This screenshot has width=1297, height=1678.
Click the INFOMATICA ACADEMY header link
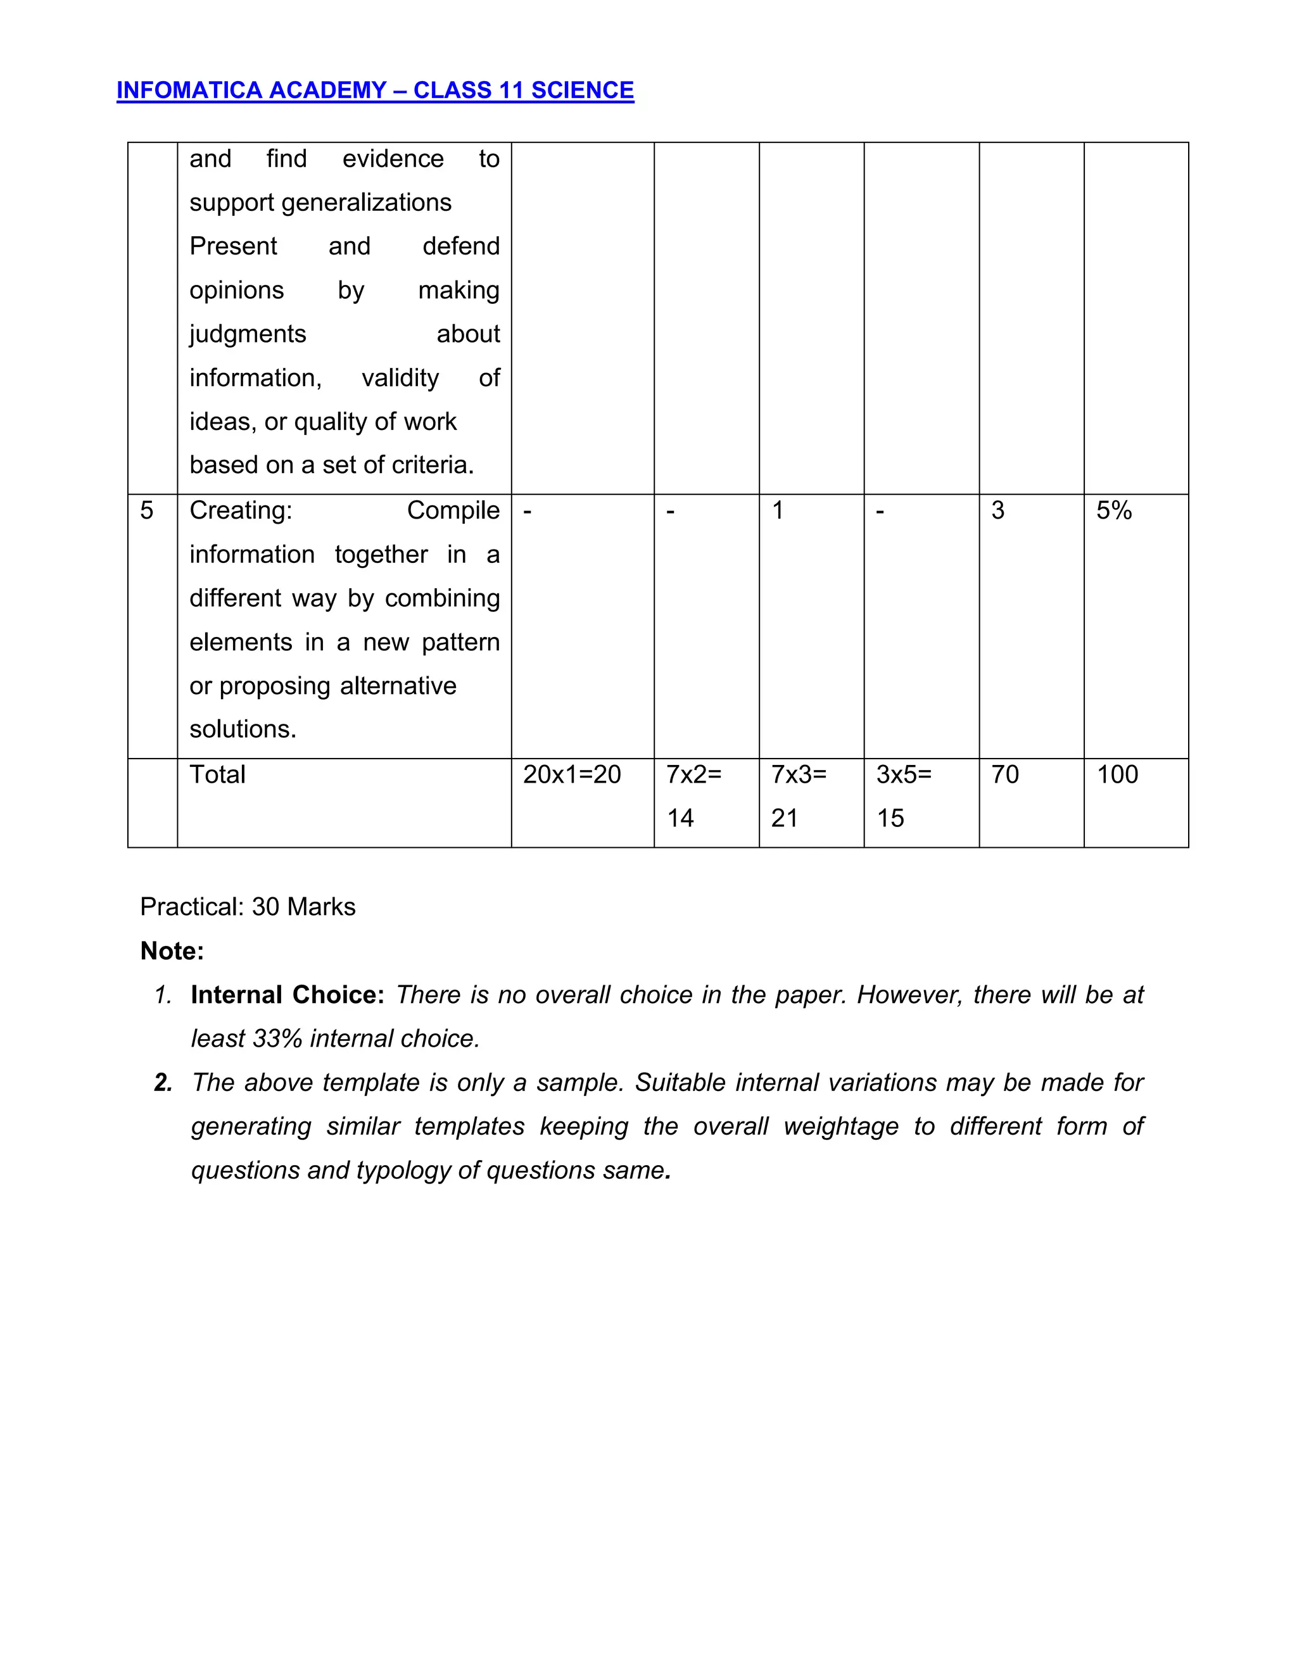coord(375,91)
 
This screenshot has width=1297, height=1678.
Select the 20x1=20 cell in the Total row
coord(572,774)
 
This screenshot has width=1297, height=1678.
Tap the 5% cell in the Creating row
coord(1113,511)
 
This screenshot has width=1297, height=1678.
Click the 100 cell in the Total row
coord(1117,774)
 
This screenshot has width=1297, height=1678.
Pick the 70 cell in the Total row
coord(1004,774)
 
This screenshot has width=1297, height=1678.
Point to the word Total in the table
coord(217,774)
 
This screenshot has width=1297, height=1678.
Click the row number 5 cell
coord(147,511)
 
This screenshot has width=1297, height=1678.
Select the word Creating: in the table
coord(241,511)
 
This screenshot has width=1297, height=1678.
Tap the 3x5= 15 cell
coord(904,796)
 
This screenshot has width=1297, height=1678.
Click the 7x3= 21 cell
coord(799,796)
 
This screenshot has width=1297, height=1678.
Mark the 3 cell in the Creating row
coord(997,511)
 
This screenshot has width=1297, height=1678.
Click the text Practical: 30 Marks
coord(248,907)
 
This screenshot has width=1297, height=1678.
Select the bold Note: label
coord(172,951)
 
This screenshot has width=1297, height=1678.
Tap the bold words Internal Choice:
coord(288,995)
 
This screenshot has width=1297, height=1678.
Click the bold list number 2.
coord(163,1083)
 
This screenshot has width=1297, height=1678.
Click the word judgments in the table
coord(248,334)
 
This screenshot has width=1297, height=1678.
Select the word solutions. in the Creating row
coord(243,729)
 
